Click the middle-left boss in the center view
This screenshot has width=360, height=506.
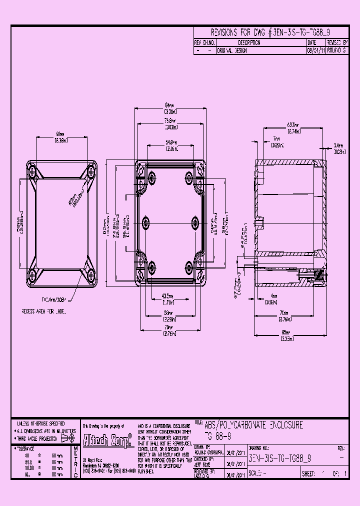point(146,222)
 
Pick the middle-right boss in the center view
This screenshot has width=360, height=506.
point(194,222)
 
